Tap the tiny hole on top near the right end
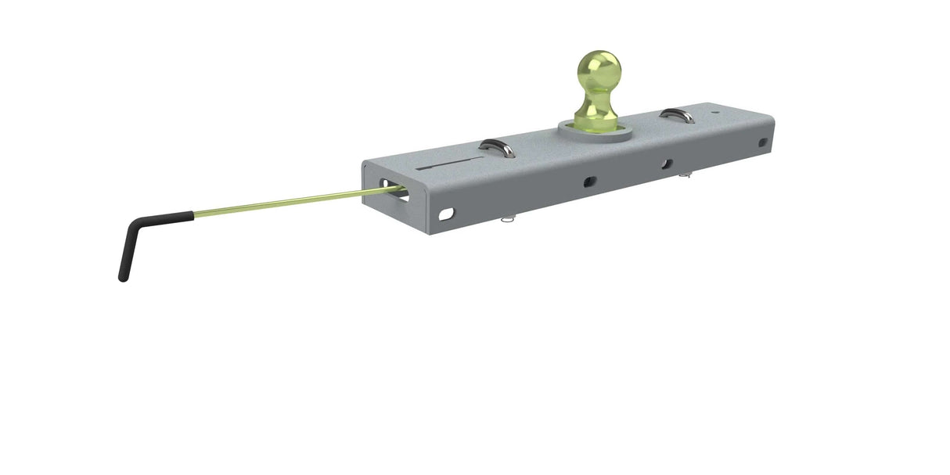point(718,112)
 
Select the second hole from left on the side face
point(589,182)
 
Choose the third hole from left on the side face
point(666,164)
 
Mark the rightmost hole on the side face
point(763,142)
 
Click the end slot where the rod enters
point(396,193)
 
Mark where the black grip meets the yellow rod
point(193,214)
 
